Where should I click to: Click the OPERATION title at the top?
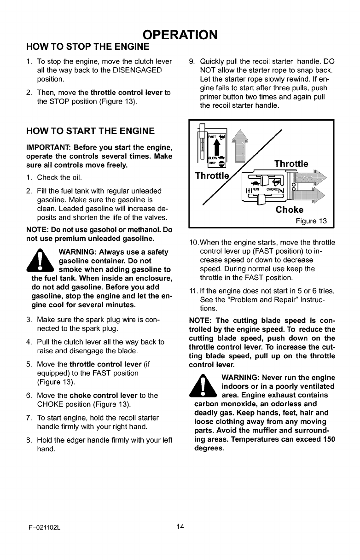click(x=180, y=35)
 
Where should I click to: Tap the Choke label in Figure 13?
click(x=289, y=210)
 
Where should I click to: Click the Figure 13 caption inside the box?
click(x=311, y=221)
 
